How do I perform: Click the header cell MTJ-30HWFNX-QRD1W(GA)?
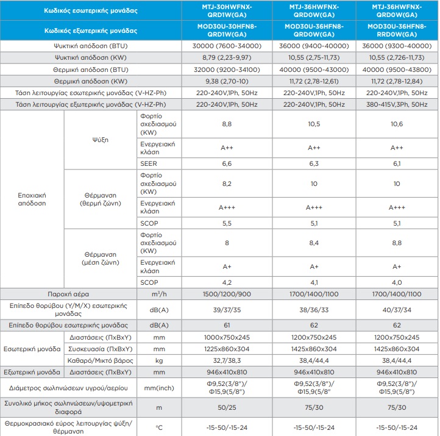227,10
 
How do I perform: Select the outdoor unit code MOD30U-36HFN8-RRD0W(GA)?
397,30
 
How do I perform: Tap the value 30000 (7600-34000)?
227,46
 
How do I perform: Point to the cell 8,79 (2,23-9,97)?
227,57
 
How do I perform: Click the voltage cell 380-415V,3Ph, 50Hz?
397,104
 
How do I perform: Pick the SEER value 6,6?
227,163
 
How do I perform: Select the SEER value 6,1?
397,163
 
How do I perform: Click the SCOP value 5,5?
227,223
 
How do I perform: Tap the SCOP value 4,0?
397,282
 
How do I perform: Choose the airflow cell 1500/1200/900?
227,294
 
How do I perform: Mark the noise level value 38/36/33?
314,310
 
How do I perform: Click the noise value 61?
227,325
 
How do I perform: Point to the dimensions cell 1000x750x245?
227,337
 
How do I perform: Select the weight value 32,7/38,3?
227,360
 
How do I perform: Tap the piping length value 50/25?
227,407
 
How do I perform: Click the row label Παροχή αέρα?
68,294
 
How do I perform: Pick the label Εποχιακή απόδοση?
32,199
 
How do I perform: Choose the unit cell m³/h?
159,294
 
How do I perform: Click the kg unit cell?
159,360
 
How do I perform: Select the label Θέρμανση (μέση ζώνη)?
100,259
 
